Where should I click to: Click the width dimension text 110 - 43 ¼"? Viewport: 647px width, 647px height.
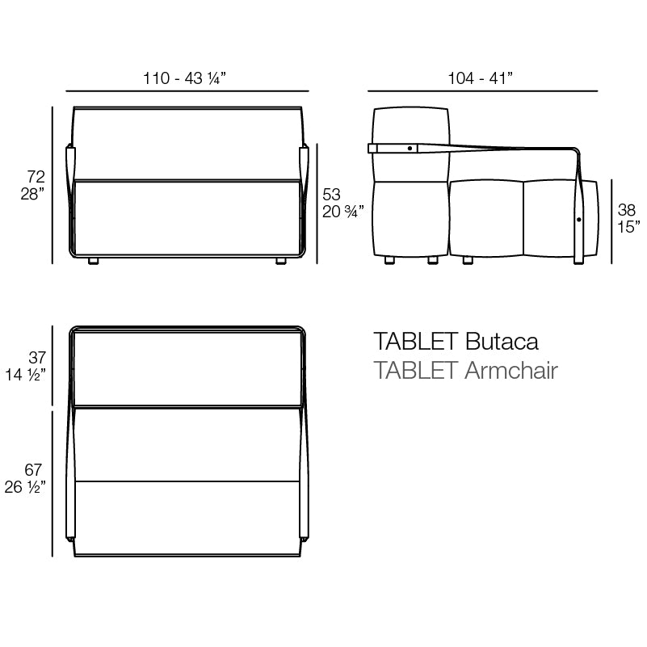tap(184, 78)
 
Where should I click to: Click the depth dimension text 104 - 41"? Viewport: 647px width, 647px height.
tap(481, 78)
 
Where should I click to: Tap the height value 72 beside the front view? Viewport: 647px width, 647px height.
tap(36, 176)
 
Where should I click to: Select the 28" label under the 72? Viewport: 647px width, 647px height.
tap(32, 194)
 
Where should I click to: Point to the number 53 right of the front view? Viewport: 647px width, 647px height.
tap(331, 194)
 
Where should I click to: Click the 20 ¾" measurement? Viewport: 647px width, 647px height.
tap(343, 212)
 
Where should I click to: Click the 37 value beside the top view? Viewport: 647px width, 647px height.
tap(37, 357)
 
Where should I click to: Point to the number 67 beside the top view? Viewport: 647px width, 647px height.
tap(34, 470)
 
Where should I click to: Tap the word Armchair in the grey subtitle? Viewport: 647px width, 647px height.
tap(511, 371)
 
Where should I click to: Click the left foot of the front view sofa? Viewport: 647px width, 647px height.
tap(93, 261)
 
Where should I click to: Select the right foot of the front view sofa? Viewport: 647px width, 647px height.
tap(280, 261)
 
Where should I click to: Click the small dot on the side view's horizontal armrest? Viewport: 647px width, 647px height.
tap(410, 148)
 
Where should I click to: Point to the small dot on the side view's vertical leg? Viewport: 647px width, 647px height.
tap(579, 220)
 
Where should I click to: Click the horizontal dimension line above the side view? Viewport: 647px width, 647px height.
tap(483, 91)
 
